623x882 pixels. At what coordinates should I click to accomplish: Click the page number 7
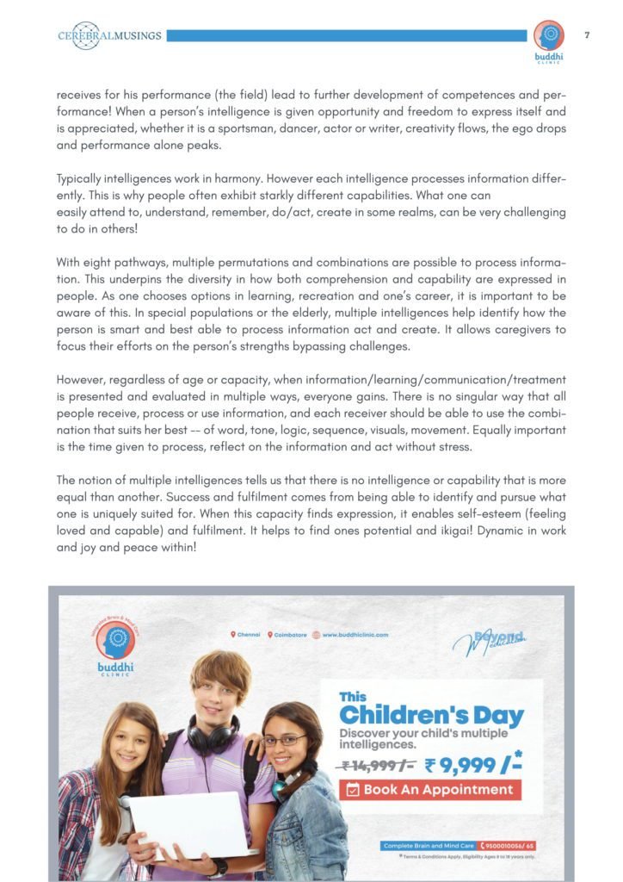[x=586, y=35]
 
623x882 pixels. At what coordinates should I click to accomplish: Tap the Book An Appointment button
[x=429, y=789]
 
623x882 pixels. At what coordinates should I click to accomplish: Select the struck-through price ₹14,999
[x=378, y=765]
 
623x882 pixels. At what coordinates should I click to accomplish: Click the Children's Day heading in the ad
[x=430, y=715]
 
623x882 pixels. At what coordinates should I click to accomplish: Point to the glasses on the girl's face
[x=283, y=740]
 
